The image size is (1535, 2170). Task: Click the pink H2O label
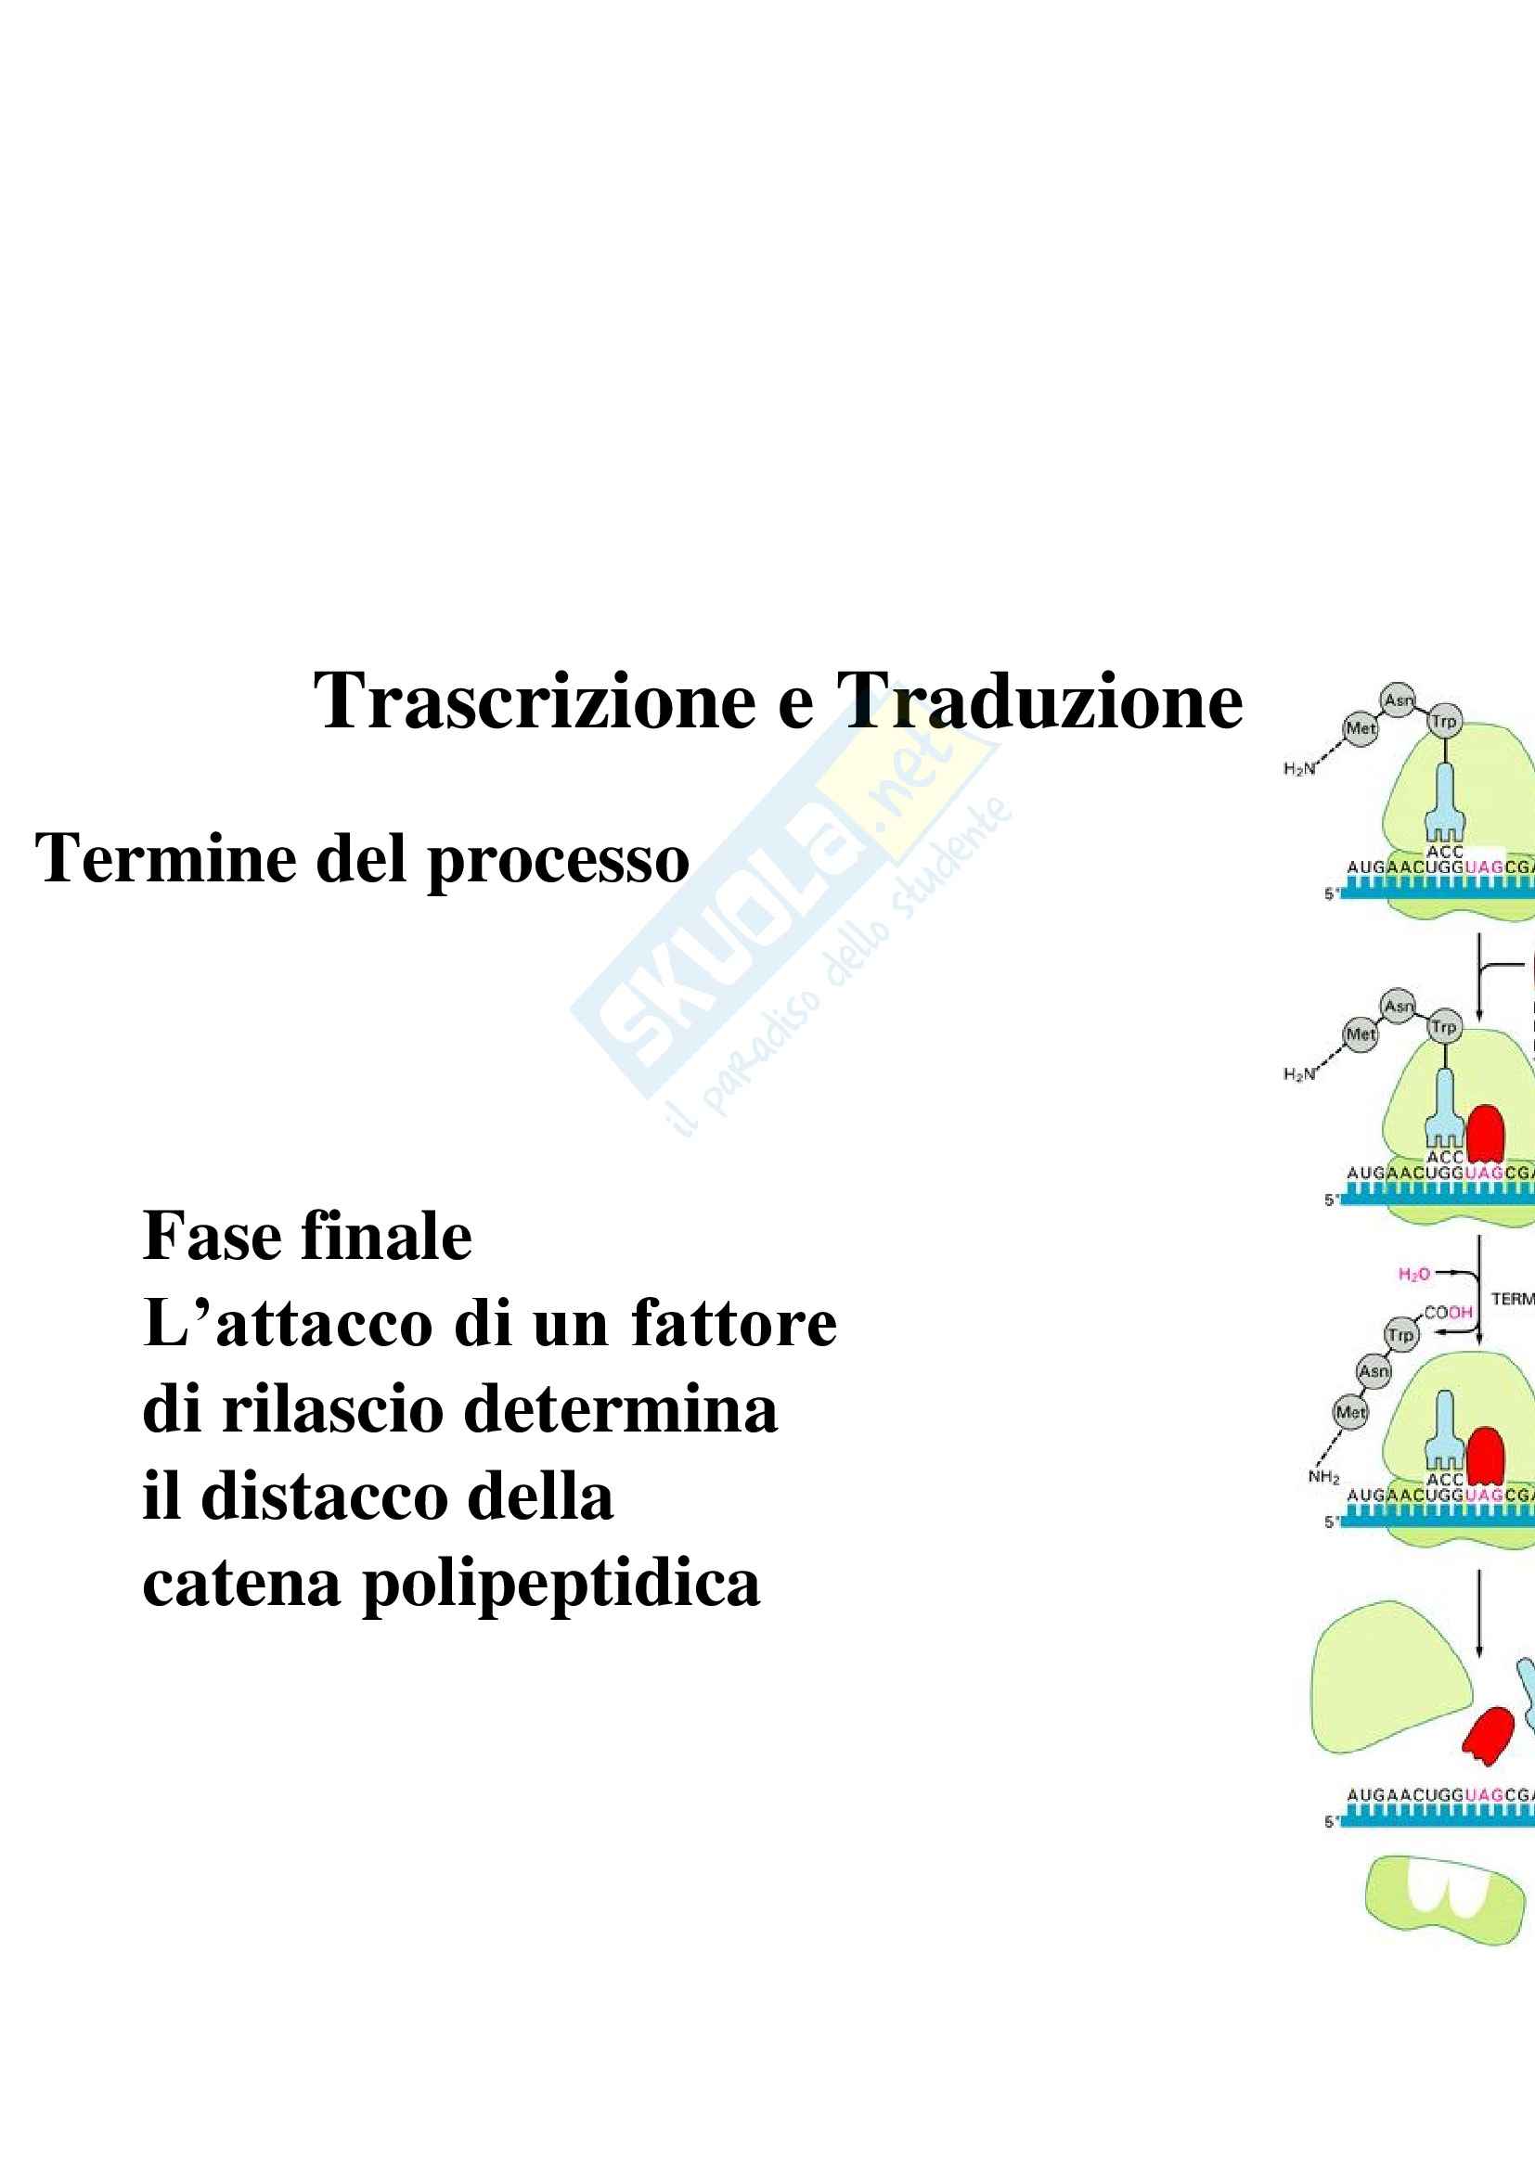(x=1414, y=1275)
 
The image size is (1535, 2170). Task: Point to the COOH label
(x=1448, y=1312)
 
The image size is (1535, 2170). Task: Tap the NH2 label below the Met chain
(x=1323, y=1476)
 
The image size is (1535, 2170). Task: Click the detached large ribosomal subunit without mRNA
(x=1385, y=1677)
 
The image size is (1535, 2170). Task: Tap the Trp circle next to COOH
(x=1400, y=1334)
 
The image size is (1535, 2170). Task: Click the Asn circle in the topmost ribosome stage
(x=1398, y=700)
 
